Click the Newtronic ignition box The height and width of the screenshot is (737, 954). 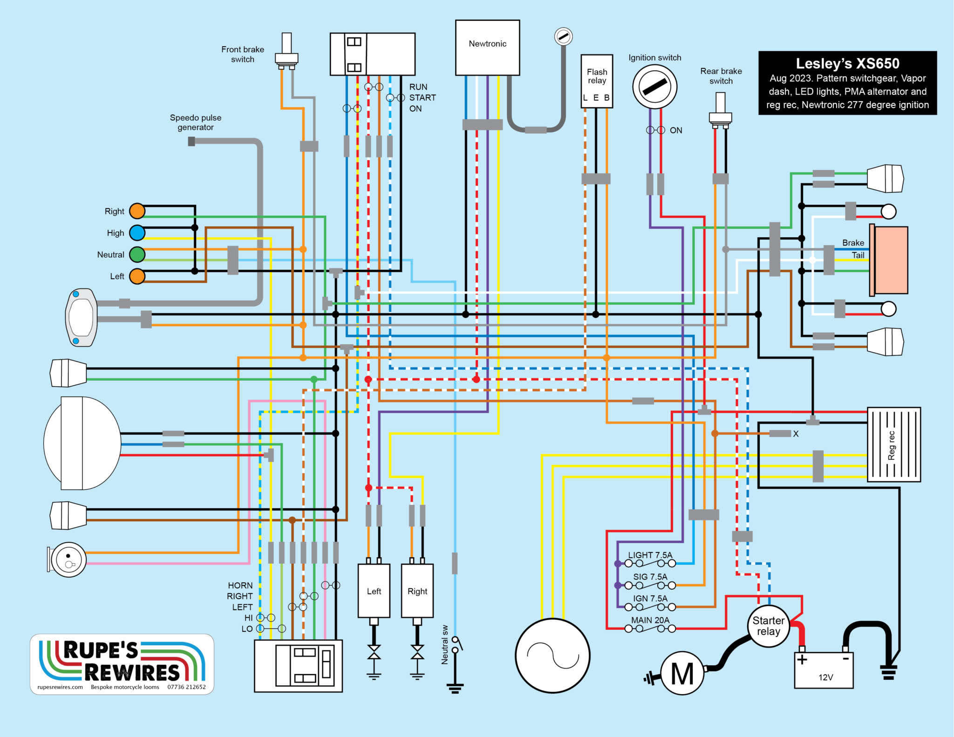pos(487,48)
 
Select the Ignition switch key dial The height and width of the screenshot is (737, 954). pos(654,87)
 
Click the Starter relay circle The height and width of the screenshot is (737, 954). pos(768,626)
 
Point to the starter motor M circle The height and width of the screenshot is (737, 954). pos(682,674)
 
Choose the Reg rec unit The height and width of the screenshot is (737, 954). pos(893,444)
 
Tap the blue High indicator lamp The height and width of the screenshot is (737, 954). pos(137,233)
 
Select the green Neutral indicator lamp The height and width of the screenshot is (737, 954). pos(137,254)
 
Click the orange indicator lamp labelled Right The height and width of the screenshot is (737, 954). pos(137,211)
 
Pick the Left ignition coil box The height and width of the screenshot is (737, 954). pos(374,591)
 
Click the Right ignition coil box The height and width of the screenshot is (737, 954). pos(417,591)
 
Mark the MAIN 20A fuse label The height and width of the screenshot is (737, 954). pos(650,620)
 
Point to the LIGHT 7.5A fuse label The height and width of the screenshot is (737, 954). pos(650,555)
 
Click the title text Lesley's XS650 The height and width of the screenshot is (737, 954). pos(847,63)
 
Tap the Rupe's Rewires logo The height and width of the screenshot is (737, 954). pos(122,664)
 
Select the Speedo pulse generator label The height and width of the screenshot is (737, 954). pos(196,123)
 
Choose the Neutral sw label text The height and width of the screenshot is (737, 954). pos(445,645)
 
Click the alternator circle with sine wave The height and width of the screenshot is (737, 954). pos(552,655)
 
